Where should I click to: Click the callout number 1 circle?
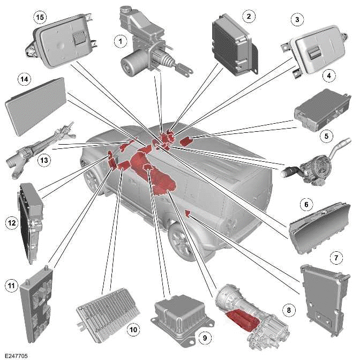pyautogui.click(x=121, y=40)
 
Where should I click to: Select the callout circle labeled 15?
pyautogui.click(x=39, y=17)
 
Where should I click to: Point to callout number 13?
pyautogui.click(x=44, y=160)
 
